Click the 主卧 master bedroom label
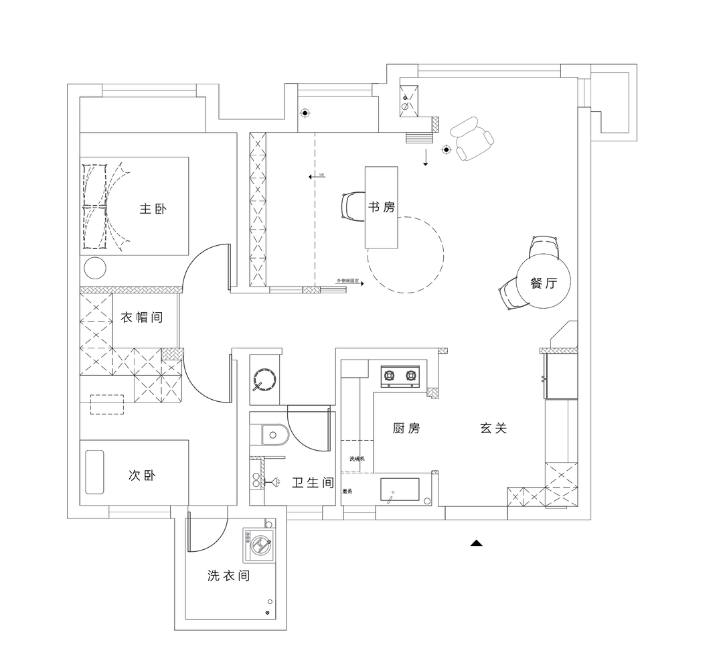click(153, 209)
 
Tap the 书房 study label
click(381, 207)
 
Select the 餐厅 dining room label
click(543, 283)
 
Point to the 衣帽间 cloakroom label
click(141, 317)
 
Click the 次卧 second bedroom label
click(142, 476)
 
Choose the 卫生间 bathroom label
click(313, 482)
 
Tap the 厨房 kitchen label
click(406, 428)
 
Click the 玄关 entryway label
click(493, 428)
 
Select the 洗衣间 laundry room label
click(228, 575)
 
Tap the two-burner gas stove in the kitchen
click(400, 376)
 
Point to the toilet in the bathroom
click(272, 435)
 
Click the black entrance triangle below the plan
click(476, 543)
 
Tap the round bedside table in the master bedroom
click(95, 268)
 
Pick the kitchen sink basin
click(400, 490)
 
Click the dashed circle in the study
click(405, 254)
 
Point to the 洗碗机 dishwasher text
click(356, 459)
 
